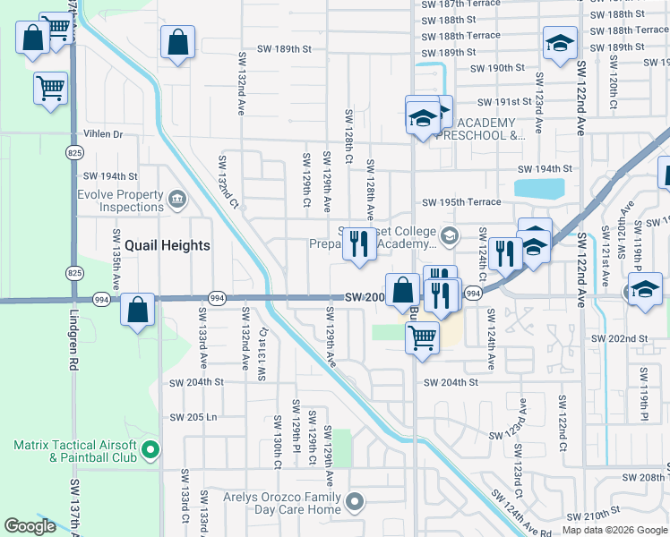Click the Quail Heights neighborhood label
pos(167,245)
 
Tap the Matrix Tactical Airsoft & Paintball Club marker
pos(150,449)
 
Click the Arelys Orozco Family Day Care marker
pos(356,501)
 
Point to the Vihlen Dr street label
pos(103,134)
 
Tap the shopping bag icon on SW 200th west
pos(138,311)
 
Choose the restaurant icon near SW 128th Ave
pos(360,245)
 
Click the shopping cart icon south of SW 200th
pos(422,338)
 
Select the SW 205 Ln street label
pos(193,417)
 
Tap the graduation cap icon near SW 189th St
pos(559,42)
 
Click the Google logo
pos(30,526)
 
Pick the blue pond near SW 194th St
pos(539,189)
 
